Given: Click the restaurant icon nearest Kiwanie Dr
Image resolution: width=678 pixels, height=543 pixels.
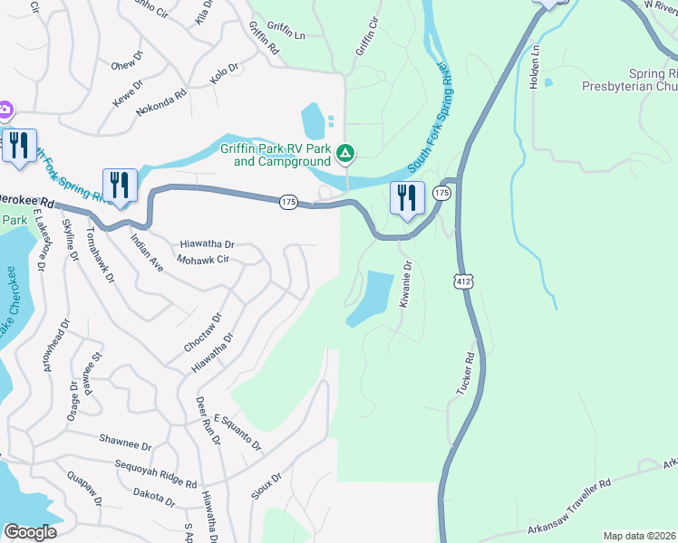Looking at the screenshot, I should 407,198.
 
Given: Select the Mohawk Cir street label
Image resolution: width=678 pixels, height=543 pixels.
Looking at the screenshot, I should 204,259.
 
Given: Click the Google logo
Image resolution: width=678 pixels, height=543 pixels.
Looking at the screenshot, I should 31,531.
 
